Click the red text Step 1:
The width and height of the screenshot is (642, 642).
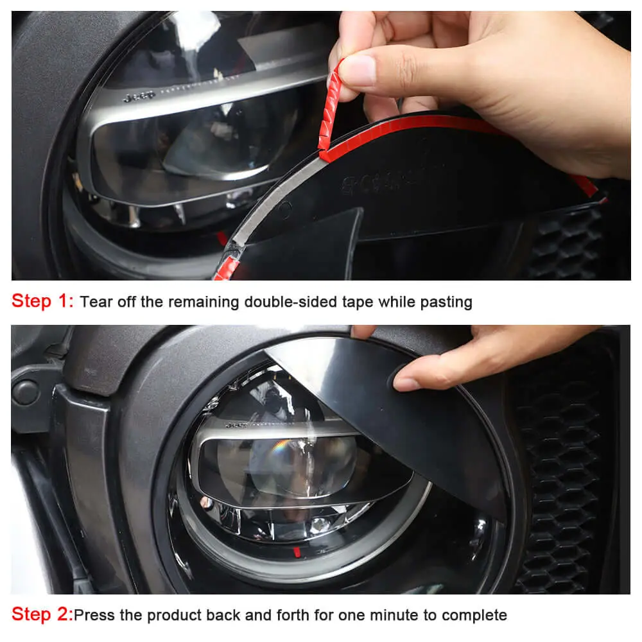[x=42, y=301]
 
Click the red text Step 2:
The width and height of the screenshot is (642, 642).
[x=42, y=614]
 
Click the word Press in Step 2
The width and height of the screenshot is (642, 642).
[x=94, y=615]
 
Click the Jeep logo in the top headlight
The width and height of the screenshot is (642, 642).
[x=139, y=97]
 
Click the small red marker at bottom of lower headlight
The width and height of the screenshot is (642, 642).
[x=297, y=552]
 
